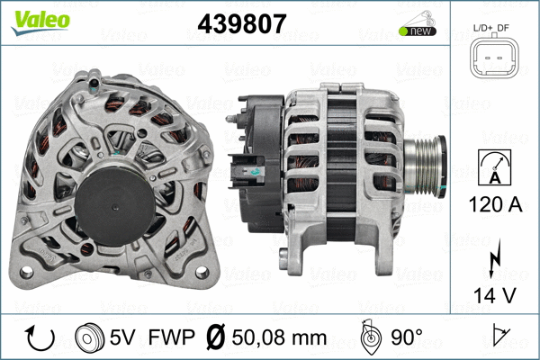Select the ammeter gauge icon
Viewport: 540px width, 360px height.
[x=491, y=166]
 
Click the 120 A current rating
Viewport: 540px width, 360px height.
[x=491, y=203]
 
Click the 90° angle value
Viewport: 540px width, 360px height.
[x=407, y=338]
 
